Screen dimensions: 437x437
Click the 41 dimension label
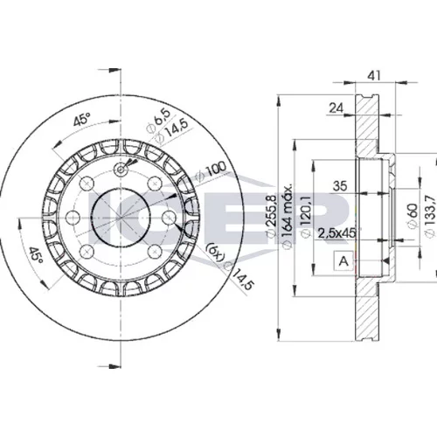click(x=374, y=75)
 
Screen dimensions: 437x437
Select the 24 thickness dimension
click(x=336, y=108)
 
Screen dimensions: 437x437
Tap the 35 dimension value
click(x=340, y=185)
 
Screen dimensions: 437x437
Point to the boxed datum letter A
click(x=343, y=260)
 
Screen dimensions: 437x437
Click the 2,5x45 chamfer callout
click(x=337, y=232)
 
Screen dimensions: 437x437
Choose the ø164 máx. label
click(x=288, y=216)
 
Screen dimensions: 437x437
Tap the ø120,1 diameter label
click(x=306, y=217)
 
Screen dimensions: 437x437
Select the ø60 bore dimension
click(x=413, y=216)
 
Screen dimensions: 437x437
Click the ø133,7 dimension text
click(x=430, y=215)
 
